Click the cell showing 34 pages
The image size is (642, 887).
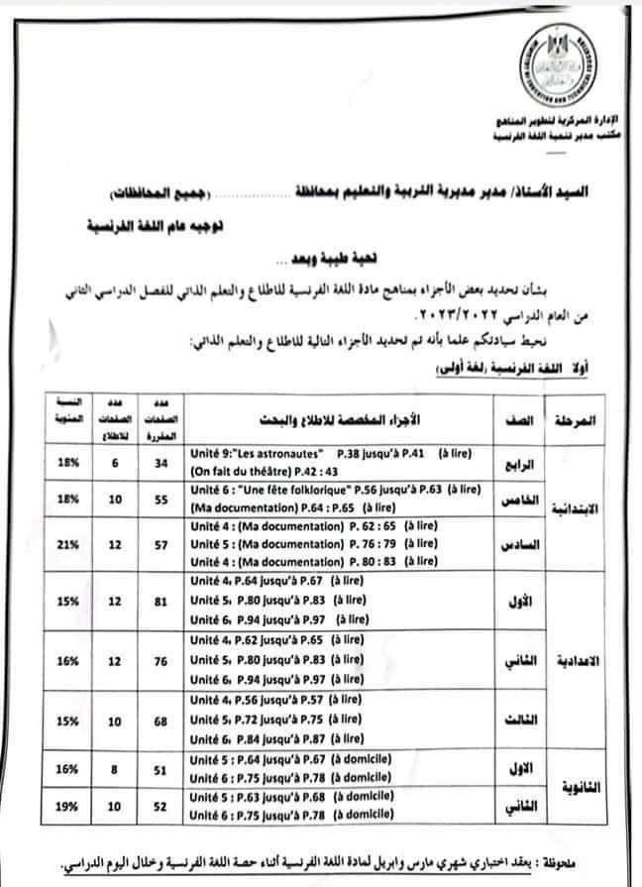tap(160, 460)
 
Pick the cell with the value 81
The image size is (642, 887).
tap(160, 600)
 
